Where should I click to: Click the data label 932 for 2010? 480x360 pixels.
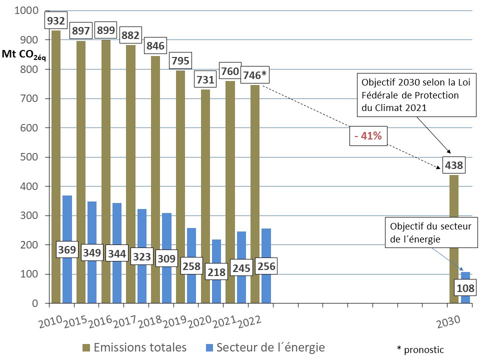click(x=56, y=21)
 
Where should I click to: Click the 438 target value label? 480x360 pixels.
click(x=454, y=164)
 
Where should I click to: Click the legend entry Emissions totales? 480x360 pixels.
click(x=134, y=347)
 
